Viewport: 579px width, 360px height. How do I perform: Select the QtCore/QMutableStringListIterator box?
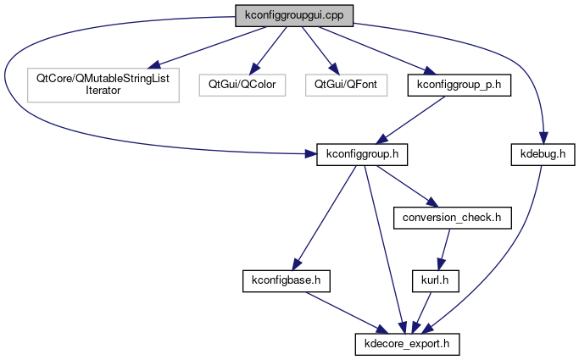[x=103, y=84]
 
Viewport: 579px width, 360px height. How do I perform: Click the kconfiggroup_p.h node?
[x=459, y=84]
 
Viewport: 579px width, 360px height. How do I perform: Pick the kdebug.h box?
[x=537, y=155]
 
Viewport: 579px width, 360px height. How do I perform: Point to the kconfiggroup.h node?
[x=363, y=155]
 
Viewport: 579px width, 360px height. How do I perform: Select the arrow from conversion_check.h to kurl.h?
[x=443, y=247]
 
